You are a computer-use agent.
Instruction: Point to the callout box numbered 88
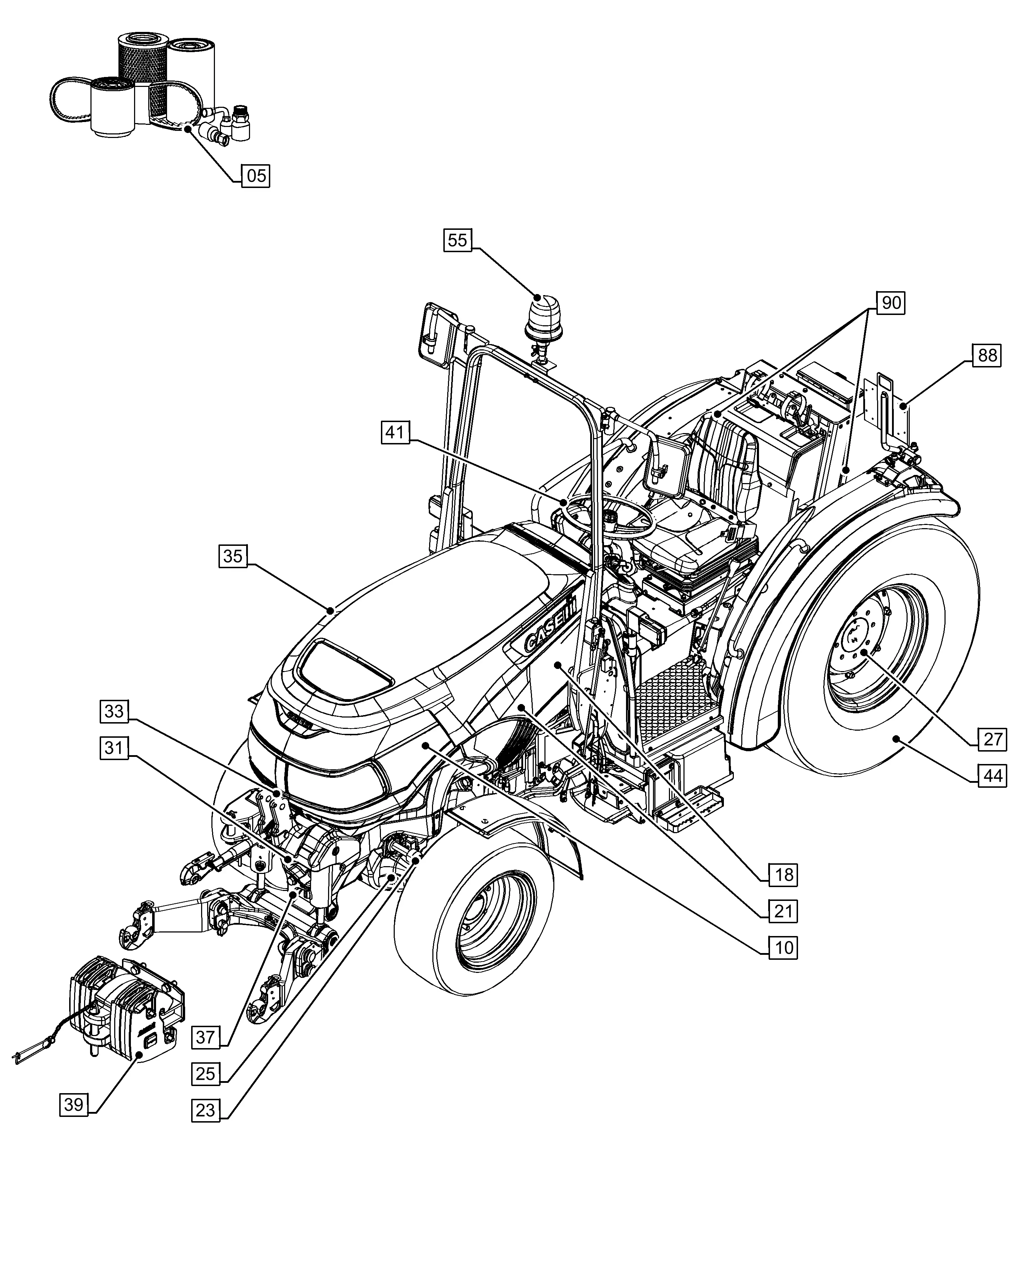987,356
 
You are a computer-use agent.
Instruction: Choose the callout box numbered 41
395,432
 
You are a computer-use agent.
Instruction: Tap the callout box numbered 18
783,875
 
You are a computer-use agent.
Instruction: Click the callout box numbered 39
74,1105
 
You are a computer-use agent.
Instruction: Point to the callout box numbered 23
205,1111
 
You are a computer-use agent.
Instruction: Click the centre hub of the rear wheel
859,648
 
